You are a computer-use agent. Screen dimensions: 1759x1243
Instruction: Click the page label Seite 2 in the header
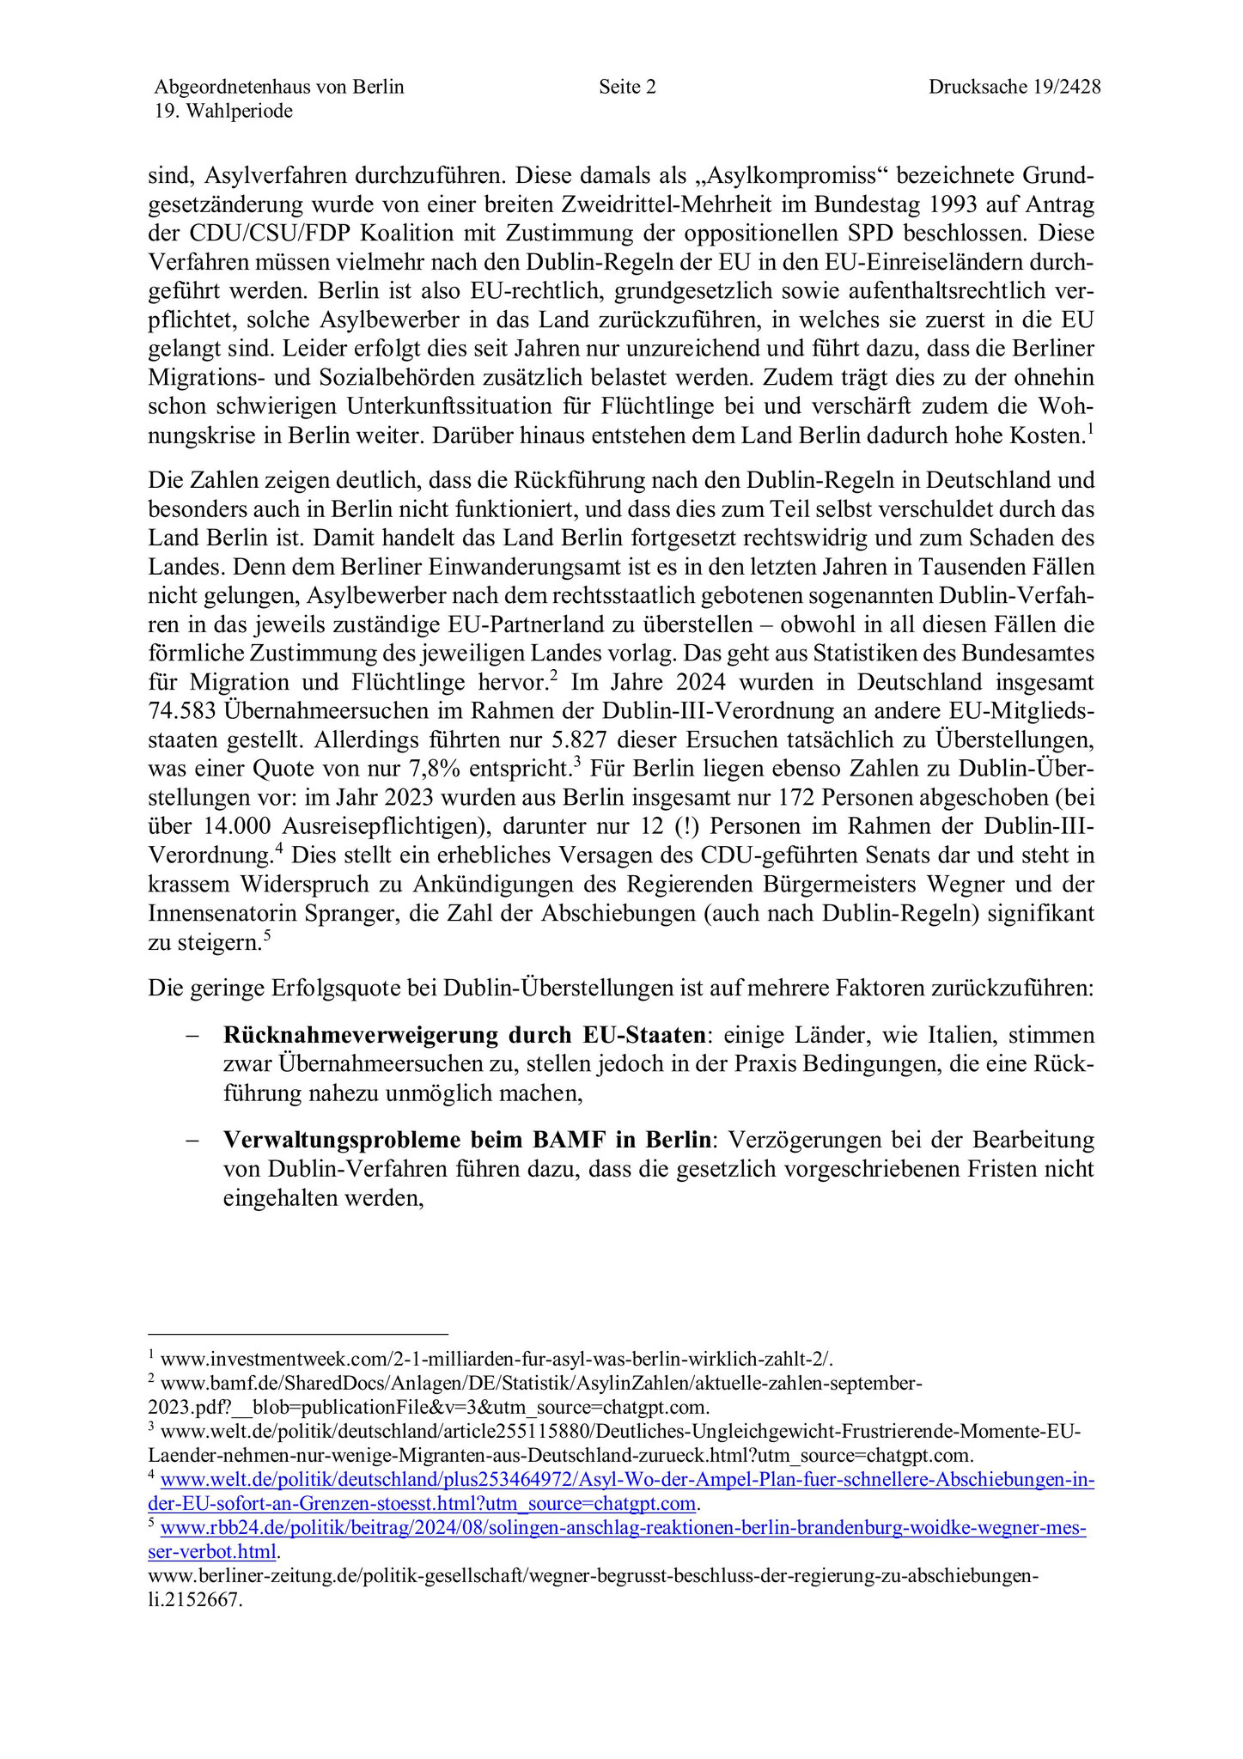click(x=627, y=87)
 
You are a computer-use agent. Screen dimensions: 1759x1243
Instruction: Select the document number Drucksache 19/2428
click(x=1014, y=87)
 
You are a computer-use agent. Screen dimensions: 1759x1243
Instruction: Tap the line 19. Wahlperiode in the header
click(x=223, y=112)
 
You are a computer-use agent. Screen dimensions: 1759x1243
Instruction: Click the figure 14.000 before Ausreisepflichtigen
click(x=235, y=826)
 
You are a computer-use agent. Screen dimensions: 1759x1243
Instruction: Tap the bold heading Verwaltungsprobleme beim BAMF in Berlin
click(x=467, y=1140)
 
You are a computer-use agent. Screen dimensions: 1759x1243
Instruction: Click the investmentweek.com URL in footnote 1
click(x=497, y=1359)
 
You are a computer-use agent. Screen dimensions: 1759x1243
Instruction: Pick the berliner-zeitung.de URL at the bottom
click(x=593, y=1576)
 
